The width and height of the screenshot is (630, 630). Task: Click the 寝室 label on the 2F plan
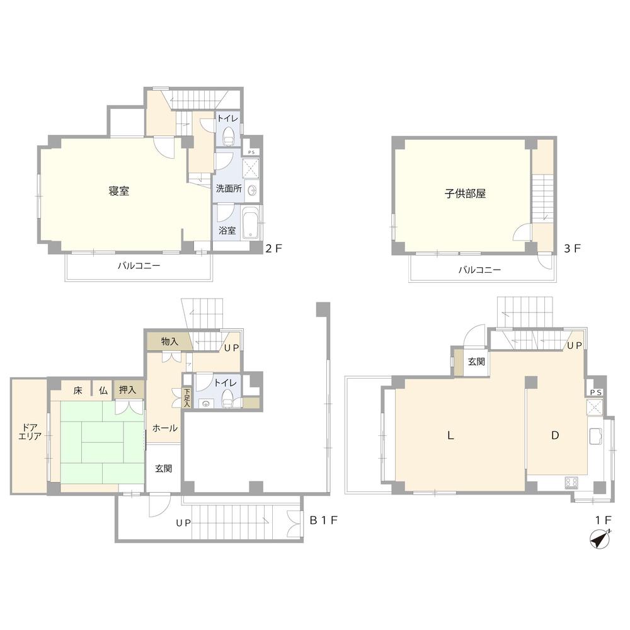[x=119, y=191]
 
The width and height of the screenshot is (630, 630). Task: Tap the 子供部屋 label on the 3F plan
[x=465, y=193]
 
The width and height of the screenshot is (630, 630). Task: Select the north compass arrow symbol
[x=600, y=539]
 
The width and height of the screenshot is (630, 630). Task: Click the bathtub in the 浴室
[x=251, y=223]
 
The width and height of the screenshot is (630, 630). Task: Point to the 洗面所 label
[x=229, y=188]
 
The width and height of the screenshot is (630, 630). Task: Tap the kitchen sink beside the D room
[x=595, y=437]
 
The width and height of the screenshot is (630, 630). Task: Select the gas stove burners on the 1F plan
[x=571, y=482]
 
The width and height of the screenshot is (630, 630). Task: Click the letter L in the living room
[x=451, y=435]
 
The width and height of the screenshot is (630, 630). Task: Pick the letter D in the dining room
[x=555, y=435]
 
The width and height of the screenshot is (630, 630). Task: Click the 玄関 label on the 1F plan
[x=476, y=362]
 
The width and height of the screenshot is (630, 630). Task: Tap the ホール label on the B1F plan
[x=164, y=428]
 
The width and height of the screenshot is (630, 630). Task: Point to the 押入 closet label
[x=127, y=390]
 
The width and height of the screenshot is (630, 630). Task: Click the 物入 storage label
[x=169, y=341]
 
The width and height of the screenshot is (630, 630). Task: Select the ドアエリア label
[x=30, y=431]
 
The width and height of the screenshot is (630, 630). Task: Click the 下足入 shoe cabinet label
[x=187, y=398]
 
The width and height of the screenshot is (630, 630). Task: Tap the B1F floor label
[x=323, y=520]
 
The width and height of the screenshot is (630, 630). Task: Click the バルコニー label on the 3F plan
[x=479, y=270]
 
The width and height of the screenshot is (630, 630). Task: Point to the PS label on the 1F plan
[x=596, y=392]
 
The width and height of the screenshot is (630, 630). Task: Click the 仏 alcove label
[x=103, y=390]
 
